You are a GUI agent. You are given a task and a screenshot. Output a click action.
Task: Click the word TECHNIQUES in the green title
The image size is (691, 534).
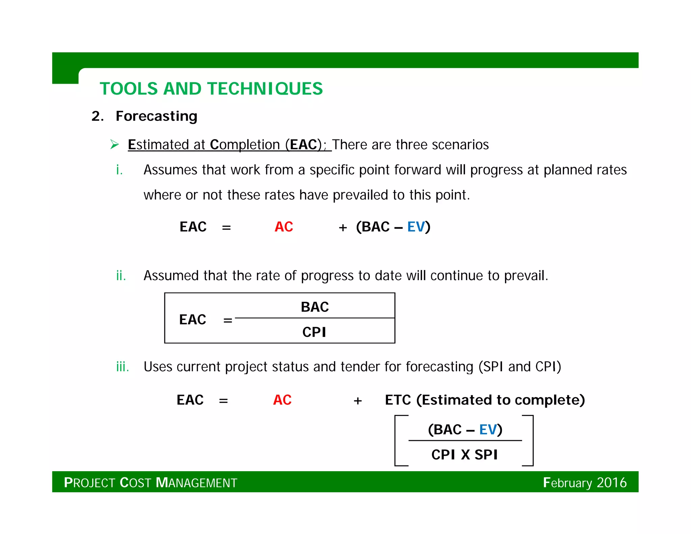265,89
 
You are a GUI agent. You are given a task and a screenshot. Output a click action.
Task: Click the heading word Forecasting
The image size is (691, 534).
156,116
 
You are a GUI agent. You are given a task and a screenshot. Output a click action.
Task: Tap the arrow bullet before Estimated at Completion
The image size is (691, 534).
115,144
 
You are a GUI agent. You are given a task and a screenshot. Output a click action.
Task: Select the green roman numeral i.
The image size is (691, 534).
119,170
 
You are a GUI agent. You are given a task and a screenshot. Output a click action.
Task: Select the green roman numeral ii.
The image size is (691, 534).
121,275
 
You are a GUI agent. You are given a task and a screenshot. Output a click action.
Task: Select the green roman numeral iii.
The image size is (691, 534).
122,367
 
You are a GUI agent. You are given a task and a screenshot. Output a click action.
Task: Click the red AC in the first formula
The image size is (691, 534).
284,227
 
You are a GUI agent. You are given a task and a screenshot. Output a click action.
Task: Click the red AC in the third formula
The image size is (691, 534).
282,400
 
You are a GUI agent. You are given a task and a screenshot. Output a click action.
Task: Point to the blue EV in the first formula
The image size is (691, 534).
416,227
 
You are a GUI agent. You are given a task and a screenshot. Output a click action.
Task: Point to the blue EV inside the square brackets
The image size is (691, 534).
488,430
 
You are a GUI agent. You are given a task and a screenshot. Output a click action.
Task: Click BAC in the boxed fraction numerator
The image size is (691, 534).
314,307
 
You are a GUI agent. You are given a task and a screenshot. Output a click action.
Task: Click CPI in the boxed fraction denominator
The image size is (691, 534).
314,332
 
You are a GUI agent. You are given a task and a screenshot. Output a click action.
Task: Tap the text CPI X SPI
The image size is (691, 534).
464,455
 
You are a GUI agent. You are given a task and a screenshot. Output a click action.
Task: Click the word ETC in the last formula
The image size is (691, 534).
398,400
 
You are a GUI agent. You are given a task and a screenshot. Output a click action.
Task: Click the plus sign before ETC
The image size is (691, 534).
358,401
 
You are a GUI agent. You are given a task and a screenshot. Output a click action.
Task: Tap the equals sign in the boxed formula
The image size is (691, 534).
228,320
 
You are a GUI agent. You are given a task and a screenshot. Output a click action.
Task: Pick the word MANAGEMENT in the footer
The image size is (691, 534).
196,483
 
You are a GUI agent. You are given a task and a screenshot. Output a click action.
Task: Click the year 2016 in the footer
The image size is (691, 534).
611,482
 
